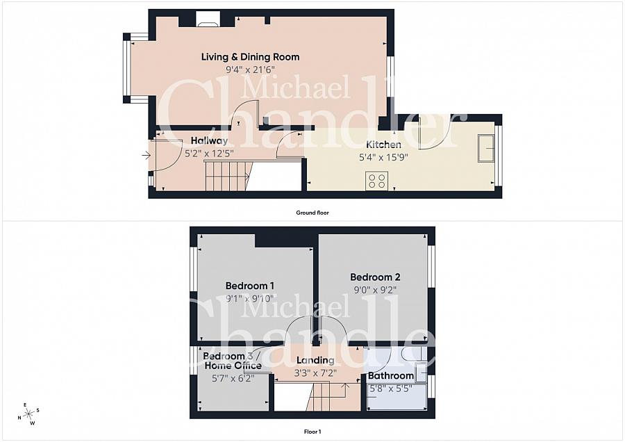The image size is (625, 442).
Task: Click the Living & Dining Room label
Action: click(x=250, y=57)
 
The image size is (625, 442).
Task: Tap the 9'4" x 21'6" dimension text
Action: click(x=250, y=69)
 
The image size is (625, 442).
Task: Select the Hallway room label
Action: click(x=209, y=140)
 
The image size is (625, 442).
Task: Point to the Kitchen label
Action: click(x=383, y=145)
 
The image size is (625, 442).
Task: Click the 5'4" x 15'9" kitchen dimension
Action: click(x=383, y=157)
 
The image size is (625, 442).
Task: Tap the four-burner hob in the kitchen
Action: click(x=376, y=181)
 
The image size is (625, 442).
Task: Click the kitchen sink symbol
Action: click(x=487, y=148)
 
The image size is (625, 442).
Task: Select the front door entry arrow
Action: click(x=147, y=156)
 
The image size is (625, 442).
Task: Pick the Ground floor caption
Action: click(x=312, y=213)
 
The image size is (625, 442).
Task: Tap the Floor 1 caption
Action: click(x=312, y=432)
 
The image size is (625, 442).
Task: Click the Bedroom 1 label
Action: click(x=250, y=286)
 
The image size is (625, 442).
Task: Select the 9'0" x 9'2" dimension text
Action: click(x=375, y=290)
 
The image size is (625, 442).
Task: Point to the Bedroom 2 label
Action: click(x=375, y=277)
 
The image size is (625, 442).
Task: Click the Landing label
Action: click(x=315, y=360)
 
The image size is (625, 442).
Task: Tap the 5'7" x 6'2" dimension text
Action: click(x=233, y=378)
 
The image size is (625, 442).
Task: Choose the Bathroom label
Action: click(x=390, y=375)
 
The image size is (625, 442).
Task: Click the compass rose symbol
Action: click(x=28, y=414)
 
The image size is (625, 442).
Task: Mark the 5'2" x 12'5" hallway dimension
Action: click(x=209, y=153)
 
